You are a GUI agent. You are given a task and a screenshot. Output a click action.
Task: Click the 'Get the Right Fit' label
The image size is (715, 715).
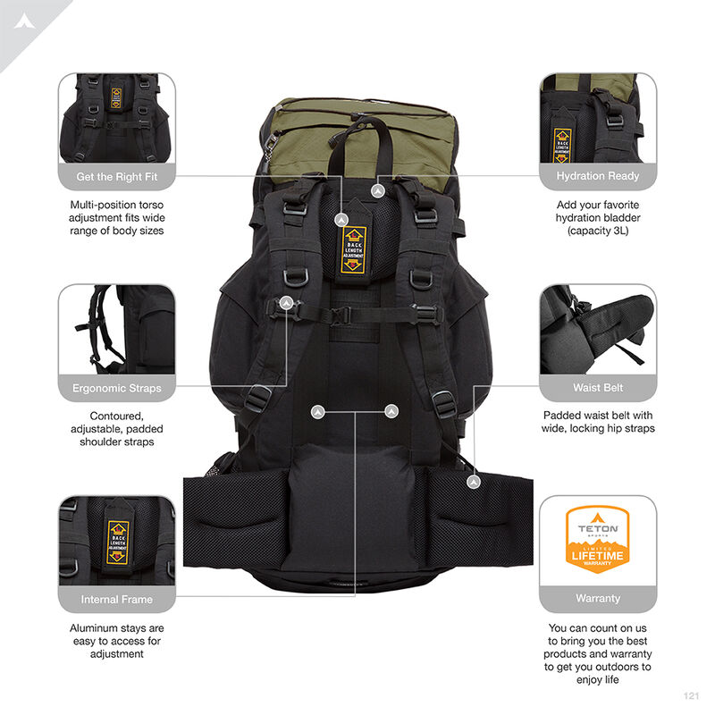click(117, 176)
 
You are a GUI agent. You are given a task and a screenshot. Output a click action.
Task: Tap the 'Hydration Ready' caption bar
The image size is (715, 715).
click(598, 176)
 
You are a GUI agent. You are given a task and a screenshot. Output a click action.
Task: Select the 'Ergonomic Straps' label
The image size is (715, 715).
click(117, 388)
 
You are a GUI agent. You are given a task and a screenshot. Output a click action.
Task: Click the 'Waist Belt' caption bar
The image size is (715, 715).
click(598, 388)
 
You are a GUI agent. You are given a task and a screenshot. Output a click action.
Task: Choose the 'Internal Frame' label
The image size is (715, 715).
click(117, 599)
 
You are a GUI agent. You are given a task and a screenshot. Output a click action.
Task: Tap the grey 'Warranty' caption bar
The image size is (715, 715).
click(598, 598)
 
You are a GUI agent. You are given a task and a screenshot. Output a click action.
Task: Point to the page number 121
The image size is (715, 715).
click(689, 695)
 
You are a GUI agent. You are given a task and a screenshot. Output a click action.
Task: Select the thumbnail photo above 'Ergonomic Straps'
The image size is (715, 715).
click(117, 331)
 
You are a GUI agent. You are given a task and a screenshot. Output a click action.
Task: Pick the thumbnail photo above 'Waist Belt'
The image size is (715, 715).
click(598, 331)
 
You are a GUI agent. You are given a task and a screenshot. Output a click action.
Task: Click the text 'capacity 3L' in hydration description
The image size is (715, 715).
click(598, 231)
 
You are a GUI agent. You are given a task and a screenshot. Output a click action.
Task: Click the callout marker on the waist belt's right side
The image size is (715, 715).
click(474, 482)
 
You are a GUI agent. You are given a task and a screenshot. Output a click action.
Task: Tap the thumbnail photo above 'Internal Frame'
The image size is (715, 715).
click(117, 542)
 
